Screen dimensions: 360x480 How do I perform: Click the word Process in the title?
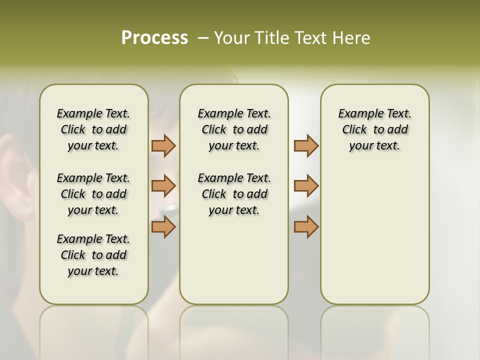click(x=154, y=38)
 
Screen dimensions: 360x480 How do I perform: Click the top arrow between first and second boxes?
click(x=163, y=145)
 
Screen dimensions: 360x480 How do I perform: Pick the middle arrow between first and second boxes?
click(x=163, y=186)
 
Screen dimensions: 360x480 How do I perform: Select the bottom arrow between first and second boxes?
click(x=163, y=226)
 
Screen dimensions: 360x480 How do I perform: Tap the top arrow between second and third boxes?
click(x=306, y=145)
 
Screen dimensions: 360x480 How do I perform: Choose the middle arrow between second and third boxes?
click(x=306, y=186)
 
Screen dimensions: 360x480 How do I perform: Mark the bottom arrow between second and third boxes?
click(x=306, y=226)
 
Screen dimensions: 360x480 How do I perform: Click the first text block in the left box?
click(x=93, y=129)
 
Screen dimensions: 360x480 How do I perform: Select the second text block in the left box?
click(x=93, y=194)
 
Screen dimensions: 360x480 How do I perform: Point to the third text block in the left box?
click(x=93, y=255)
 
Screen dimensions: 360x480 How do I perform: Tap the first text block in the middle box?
click(x=234, y=129)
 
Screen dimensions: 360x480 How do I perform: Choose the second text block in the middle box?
click(x=234, y=194)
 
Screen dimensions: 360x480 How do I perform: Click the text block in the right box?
click(x=375, y=129)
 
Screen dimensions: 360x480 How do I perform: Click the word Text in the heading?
click(x=311, y=38)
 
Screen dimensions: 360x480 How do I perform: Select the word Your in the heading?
click(x=232, y=38)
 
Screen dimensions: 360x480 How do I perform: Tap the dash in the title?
click(x=202, y=38)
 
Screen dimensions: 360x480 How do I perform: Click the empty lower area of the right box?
click(x=375, y=240)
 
